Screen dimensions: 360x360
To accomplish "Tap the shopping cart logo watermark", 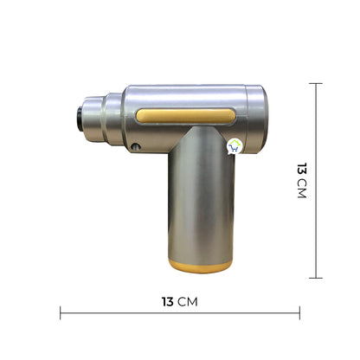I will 234,146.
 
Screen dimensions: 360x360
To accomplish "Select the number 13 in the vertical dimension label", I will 300,170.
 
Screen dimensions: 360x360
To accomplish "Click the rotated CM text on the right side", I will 300,191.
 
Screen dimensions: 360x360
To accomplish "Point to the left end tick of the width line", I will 61,312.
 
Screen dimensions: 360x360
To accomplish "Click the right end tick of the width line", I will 299,312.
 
